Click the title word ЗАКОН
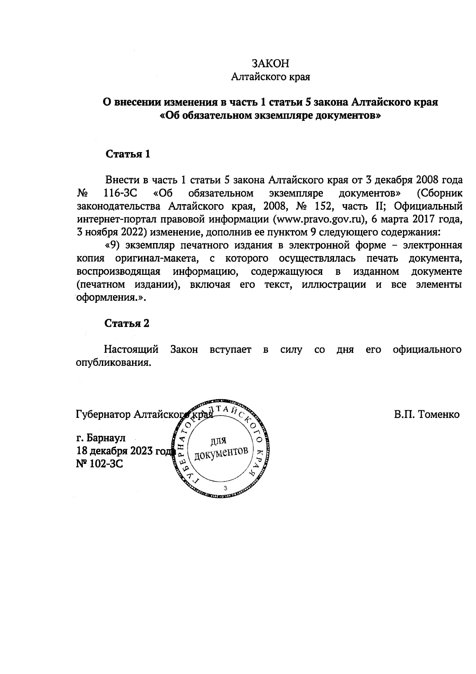pos(271,64)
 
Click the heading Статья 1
pos(128,154)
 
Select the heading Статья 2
pos(127,323)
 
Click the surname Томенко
pos(438,415)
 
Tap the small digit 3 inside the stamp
pos(225,488)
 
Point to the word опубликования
pos(113,363)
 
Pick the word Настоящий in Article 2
pos(131,350)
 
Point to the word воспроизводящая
pos(118,272)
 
